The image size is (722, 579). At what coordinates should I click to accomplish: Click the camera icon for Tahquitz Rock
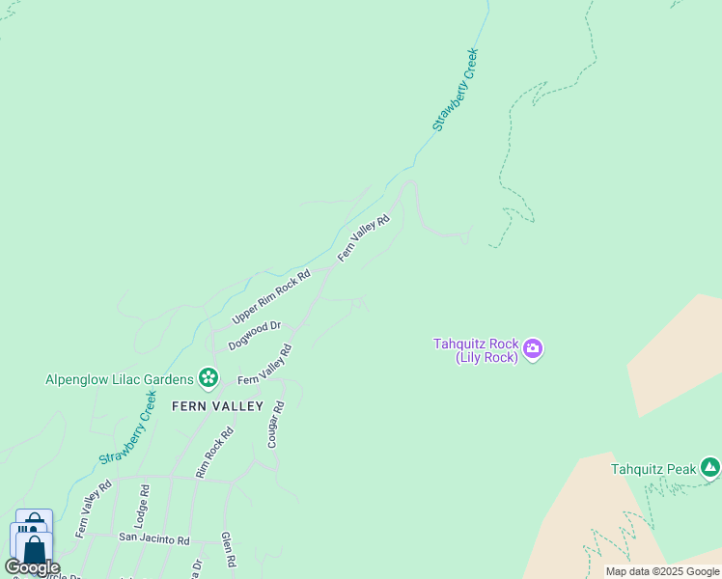point(533,347)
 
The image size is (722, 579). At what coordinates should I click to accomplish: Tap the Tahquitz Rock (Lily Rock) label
point(476,350)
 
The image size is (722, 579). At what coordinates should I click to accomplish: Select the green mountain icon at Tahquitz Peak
point(710,468)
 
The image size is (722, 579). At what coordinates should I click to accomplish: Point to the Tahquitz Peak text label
point(653,470)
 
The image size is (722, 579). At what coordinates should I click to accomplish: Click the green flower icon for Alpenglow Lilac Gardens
point(207,376)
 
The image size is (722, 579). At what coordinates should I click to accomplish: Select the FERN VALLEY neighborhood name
point(217,406)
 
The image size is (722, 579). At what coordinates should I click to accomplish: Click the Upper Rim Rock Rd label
point(271,297)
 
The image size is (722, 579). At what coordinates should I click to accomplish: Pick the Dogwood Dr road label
point(254,336)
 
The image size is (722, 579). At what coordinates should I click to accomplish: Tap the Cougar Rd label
point(276,426)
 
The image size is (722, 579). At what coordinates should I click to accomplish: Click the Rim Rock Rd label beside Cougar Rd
point(214,454)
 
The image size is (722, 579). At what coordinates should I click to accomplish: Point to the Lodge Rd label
point(145,504)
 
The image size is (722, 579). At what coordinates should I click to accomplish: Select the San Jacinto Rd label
point(154,539)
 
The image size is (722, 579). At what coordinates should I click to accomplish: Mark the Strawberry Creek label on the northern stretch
point(455,90)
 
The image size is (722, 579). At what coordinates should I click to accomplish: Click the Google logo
point(32,567)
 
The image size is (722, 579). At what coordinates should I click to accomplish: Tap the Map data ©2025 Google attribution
point(662,571)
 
